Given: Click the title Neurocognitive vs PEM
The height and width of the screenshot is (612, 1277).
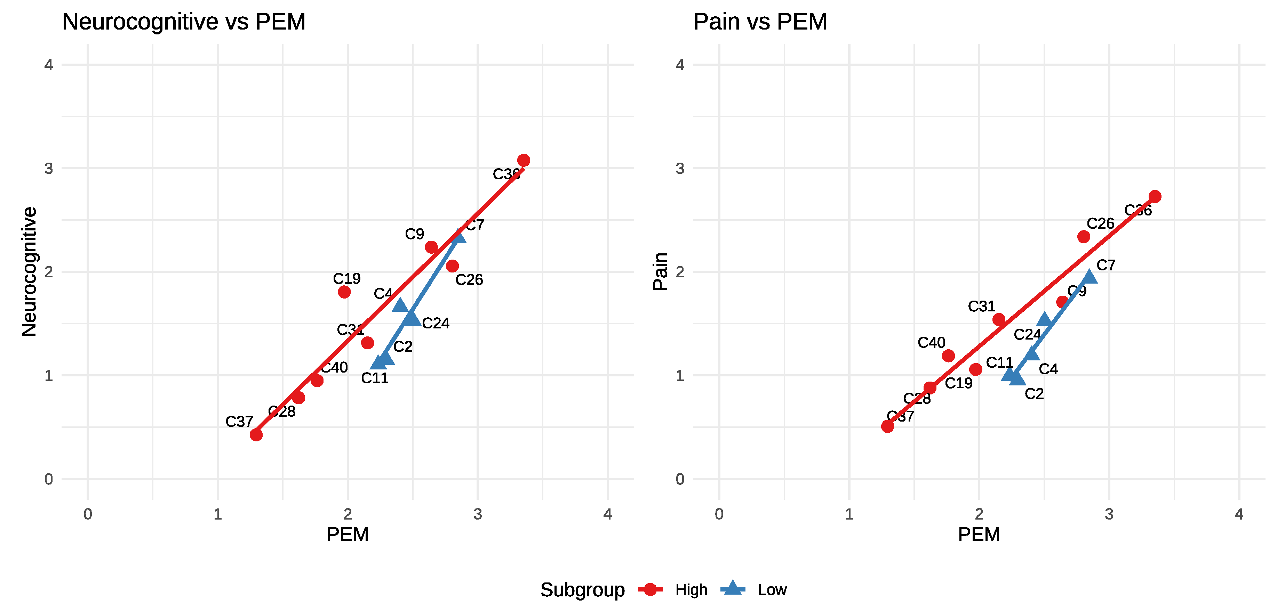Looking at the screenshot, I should [183, 22].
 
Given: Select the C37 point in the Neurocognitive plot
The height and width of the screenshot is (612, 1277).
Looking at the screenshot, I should [256, 435].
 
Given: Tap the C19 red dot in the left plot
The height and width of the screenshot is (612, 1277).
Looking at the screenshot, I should [344, 292].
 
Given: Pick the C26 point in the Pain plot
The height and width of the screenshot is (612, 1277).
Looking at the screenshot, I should [1084, 237].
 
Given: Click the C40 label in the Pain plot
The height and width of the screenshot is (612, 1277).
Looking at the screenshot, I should [931, 343].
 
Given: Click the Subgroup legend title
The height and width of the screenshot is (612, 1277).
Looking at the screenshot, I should [582, 590].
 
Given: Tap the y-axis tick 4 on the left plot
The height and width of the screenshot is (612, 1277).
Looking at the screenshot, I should [49, 65].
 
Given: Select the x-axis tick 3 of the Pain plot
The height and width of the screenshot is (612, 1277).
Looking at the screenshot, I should [1109, 514].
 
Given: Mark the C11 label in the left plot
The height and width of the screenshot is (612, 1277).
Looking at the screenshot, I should [374, 378].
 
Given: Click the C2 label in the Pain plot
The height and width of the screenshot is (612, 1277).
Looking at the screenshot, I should [1034, 394].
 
